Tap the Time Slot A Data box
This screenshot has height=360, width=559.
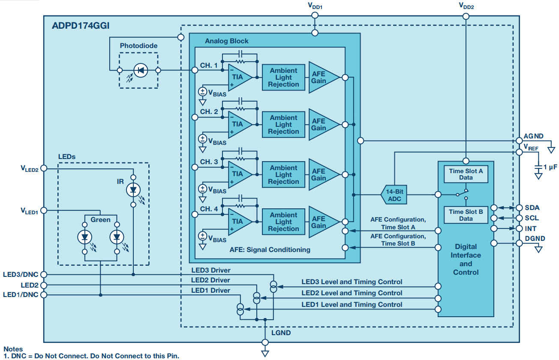pos(466,174)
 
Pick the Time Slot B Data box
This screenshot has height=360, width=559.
pos(466,215)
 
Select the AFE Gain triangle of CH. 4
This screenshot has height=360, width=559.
pos(322,222)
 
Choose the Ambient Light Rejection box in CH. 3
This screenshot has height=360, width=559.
pos(283,174)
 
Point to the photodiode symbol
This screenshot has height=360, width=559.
pos(140,70)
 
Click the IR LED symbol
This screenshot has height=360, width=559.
pos(133,189)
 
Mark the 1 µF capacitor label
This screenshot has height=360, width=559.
pos(550,168)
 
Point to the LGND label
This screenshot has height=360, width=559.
pos(281,333)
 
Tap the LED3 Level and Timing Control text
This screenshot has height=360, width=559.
pos(352,282)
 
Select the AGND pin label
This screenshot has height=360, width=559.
pos(534,136)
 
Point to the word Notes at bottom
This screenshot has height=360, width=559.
pos(13,349)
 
